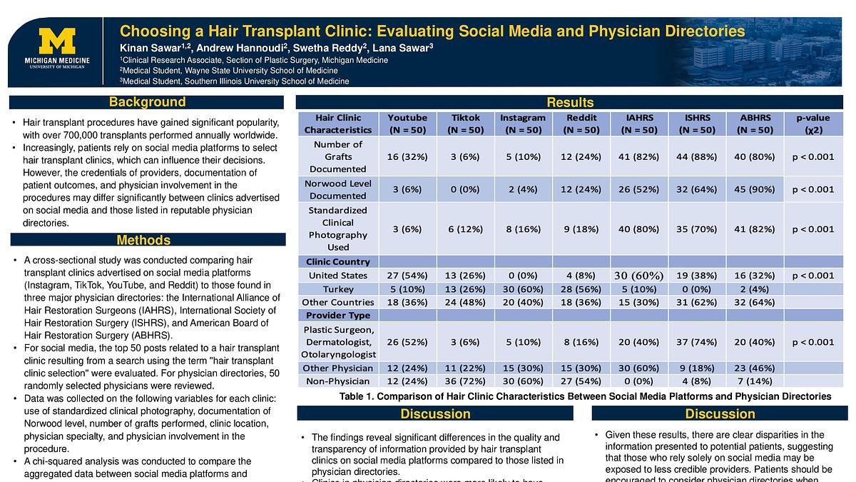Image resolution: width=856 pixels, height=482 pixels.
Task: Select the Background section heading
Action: (x=147, y=102)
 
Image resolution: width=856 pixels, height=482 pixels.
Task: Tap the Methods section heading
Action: (x=143, y=240)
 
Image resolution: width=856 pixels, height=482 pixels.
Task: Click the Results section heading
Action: (x=570, y=103)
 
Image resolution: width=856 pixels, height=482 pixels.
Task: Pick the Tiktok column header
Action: (x=466, y=124)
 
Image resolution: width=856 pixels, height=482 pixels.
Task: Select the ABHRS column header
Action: (x=755, y=124)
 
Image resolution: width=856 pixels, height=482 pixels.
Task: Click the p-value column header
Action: (x=812, y=124)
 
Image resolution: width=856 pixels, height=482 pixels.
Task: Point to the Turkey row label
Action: (x=338, y=288)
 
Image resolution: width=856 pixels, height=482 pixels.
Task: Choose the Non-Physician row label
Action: (x=338, y=381)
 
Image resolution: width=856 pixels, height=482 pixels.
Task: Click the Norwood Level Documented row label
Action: (x=338, y=189)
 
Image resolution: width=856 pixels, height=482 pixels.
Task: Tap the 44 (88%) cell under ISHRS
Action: (x=696, y=156)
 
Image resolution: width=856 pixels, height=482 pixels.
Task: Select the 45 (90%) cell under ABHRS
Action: (x=755, y=189)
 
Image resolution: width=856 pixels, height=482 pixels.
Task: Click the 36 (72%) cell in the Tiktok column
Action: (x=466, y=381)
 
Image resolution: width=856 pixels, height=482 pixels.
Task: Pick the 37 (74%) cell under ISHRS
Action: (x=696, y=342)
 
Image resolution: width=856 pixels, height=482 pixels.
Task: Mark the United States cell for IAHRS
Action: (x=638, y=276)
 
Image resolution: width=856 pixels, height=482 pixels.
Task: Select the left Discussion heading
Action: (x=435, y=414)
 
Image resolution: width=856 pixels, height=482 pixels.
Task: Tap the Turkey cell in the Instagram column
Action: (x=523, y=288)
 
